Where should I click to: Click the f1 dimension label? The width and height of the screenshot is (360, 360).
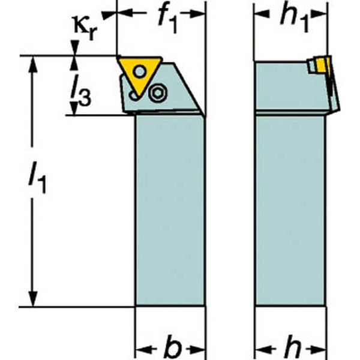click(x=168, y=19)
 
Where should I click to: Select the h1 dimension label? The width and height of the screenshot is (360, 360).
click(x=295, y=17)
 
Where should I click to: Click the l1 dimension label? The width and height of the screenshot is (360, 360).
click(x=37, y=176)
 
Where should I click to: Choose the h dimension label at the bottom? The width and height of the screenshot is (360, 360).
click(x=292, y=347)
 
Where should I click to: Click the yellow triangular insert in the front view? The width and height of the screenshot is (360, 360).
click(x=139, y=73)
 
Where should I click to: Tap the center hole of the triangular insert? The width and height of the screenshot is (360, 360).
click(x=140, y=71)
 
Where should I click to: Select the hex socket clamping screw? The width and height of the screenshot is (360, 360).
click(x=158, y=92)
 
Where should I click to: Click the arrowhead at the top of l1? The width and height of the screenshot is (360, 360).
click(x=34, y=64)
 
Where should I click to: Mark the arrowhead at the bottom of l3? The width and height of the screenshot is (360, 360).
click(x=74, y=109)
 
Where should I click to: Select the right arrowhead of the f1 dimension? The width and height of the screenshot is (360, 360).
click(x=197, y=13)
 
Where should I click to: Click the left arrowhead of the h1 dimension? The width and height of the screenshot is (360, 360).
click(x=262, y=13)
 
